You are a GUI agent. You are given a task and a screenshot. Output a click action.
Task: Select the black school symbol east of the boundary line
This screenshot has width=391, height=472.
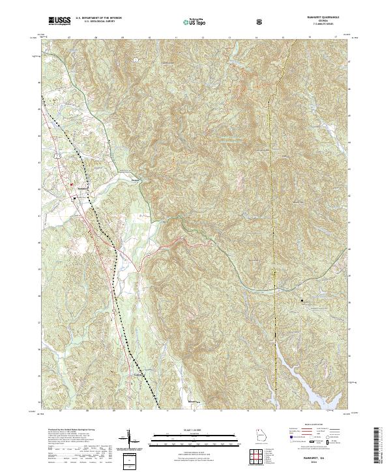click(x=302, y=300)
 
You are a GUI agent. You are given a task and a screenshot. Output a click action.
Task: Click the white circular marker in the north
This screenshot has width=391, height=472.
click(x=134, y=60)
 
